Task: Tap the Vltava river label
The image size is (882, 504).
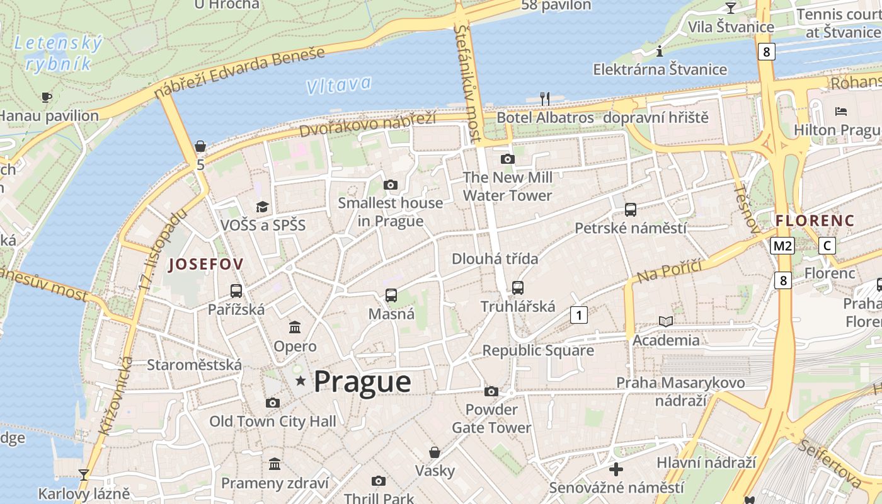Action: pyautogui.click(x=339, y=85)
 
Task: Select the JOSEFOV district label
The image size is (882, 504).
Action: pyautogui.click(x=205, y=264)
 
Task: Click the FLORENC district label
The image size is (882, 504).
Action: pyautogui.click(x=815, y=220)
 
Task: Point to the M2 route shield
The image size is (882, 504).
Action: pyautogui.click(x=782, y=246)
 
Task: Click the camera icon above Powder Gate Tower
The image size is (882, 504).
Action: pyautogui.click(x=491, y=392)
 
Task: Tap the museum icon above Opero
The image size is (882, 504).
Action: pyautogui.click(x=295, y=327)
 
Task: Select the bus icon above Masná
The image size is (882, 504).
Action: pyautogui.click(x=391, y=295)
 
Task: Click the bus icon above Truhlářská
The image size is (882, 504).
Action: pyautogui.click(x=518, y=288)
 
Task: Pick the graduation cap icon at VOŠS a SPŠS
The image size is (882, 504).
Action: pyautogui.click(x=262, y=207)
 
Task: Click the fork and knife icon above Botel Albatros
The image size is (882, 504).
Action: pyautogui.click(x=545, y=98)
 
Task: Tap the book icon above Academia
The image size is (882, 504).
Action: pyautogui.click(x=666, y=321)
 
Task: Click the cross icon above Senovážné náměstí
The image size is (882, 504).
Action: pyautogui.click(x=616, y=469)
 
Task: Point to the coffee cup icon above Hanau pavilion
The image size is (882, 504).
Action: pyautogui.click(x=46, y=97)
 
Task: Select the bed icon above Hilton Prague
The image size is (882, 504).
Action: pyautogui.click(x=841, y=112)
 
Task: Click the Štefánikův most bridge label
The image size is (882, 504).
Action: pyautogui.click(x=467, y=83)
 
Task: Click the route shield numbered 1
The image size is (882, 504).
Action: pyautogui.click(x=578, y=314)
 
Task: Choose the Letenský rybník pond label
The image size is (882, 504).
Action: pyautogui.click(x=58, y=54)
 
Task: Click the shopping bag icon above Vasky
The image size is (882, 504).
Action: pyautogui.click(x=435, y=452)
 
